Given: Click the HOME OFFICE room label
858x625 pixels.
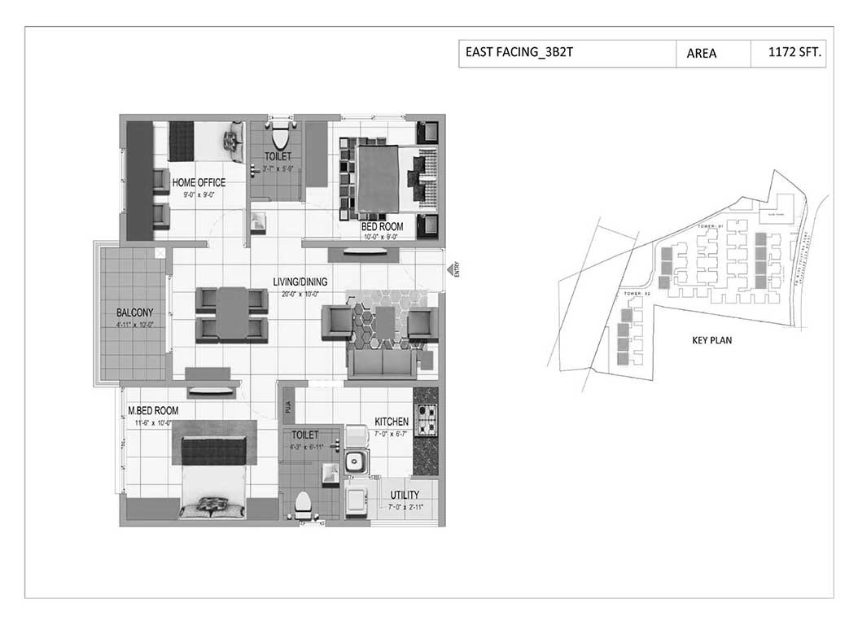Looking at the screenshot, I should (199, 182).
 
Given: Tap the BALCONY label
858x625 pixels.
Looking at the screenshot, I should (134, 312).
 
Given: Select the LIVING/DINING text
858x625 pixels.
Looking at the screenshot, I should (300, 282).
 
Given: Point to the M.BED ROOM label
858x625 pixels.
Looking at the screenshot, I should (152, 411).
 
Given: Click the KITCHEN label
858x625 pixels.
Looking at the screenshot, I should (392, 422).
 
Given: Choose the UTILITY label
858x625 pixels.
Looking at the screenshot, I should (405, 495).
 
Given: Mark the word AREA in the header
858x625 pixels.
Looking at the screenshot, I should (701, 54).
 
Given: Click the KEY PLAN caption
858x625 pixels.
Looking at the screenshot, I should (711, 340).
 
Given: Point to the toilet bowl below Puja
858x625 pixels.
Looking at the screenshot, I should (302, 504).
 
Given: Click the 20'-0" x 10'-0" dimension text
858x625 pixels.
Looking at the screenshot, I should (300, 294).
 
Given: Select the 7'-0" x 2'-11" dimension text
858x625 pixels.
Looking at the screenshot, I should (405, 507).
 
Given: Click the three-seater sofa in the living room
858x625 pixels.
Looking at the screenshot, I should (381, 364).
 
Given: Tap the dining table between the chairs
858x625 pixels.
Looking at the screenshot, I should (231, 313).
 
